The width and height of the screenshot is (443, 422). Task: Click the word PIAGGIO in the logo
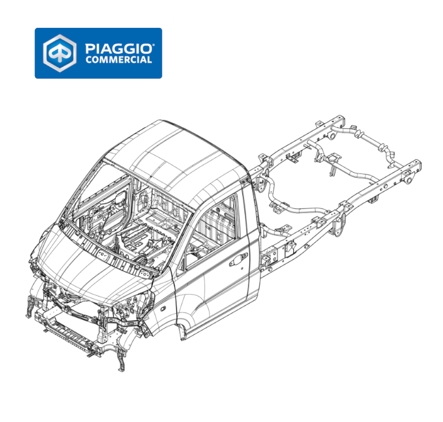tap(118, 49)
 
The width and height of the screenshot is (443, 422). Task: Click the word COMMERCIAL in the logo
tap(118, 60)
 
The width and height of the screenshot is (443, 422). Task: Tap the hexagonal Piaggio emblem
tap(60, 53)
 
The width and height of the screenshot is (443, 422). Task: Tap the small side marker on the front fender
tap(163, 309)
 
